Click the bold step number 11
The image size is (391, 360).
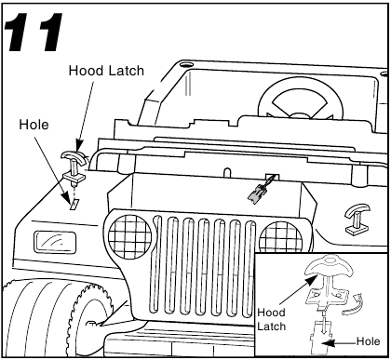(x=34, y=33)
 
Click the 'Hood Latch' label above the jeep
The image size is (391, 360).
(x=106, y=71)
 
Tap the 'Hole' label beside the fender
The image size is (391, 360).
(x=34, y=125)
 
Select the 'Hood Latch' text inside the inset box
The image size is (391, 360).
(x=272, y=319)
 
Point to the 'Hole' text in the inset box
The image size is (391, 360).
(x=368, y=341)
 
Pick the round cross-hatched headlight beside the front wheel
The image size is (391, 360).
(x=129, y=236)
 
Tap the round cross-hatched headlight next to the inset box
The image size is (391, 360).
(x=280, y=237)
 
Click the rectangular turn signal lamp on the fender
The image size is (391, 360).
(x=55, y=243)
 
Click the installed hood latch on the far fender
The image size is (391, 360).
(x=357, y=219)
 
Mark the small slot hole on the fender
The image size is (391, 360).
(x=74, y=204)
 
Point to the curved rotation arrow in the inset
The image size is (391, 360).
(x=353, y=306)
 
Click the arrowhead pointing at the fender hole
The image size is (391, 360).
(x=65, y=196)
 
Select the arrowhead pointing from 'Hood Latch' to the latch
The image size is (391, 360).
(x=79, y=145)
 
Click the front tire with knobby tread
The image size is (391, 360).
(x=56, y=319)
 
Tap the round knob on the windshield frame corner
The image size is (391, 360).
(x=186, y=65)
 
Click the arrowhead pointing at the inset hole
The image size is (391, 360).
(x=329, y=343)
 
